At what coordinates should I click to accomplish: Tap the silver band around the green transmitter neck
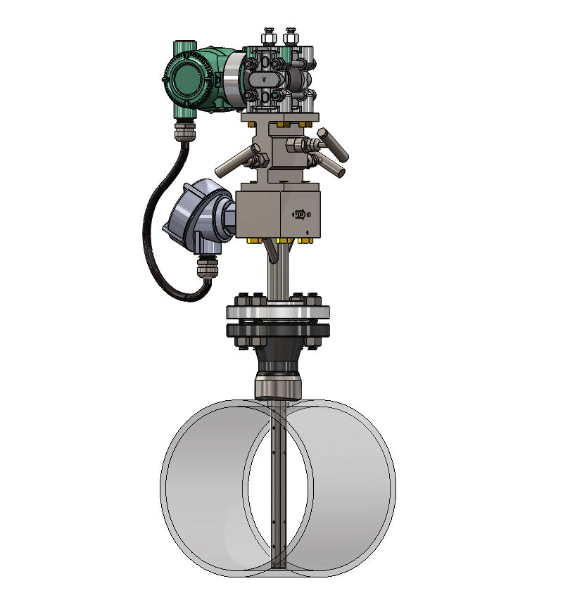coord(234,77)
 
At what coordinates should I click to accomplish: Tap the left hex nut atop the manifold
coord(268,35)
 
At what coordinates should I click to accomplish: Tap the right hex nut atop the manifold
coord(289,35)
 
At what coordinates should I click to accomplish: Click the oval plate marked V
coord(264,79)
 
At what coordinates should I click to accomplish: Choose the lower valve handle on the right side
coord(329,165)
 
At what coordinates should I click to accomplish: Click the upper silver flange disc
coord(278,312)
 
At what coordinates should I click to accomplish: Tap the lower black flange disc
coord(278,331)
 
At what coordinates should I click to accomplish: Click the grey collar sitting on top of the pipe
coord(277,388)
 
